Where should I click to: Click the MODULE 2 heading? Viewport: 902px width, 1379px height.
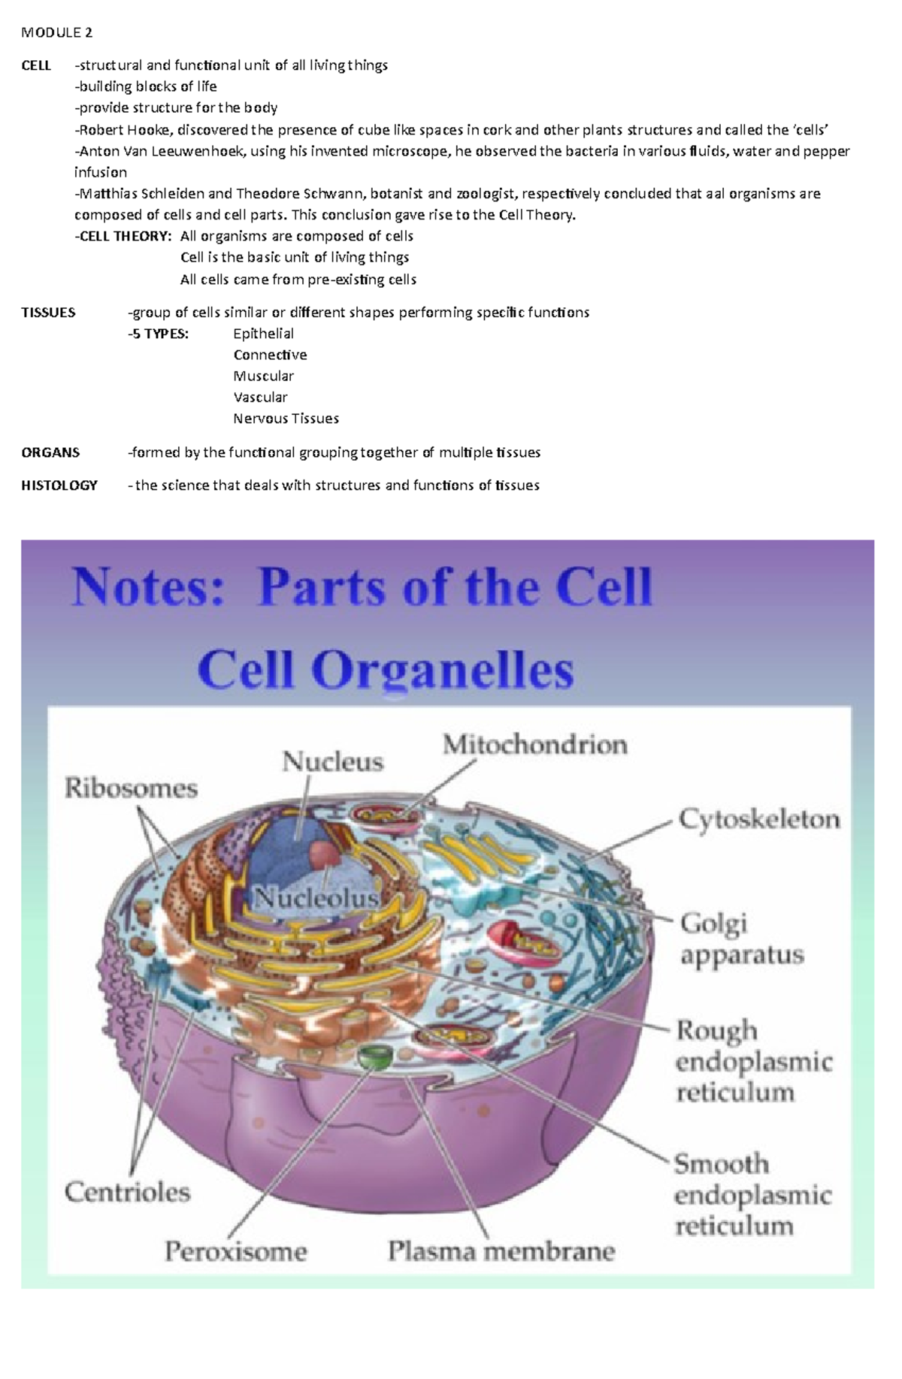(x=56, y=32)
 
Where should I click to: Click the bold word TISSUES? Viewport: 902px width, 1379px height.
(x=48, y=313)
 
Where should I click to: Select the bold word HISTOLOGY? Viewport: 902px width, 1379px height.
(x=59, y=485)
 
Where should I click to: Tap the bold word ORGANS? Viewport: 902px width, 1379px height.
(x=50, y=452)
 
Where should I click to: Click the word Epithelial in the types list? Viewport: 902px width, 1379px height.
(x=263, y=334)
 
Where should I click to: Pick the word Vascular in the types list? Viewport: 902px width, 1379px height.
(x=260, y=397)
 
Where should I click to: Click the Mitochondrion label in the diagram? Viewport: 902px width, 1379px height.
(x=534, y=745)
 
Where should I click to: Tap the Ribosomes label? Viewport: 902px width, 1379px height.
(x=131, y=788)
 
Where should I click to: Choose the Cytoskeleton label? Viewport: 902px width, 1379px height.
(x=759, y=819)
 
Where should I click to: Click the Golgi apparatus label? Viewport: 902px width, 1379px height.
(x=741, y=939)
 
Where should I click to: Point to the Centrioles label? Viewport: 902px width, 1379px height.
(x=127, y=1192)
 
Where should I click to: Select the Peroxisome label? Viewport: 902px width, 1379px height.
(x=236, y=1251)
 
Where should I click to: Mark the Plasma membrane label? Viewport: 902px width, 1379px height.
(x=501, y=1251)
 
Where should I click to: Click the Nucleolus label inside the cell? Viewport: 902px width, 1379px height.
(x=316, y=898)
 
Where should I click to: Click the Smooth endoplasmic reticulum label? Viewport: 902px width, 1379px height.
(x=752, y=1195)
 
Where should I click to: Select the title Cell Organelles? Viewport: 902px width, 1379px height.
(x=386, y=670)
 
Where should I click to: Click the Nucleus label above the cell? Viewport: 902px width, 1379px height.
(x=333, y=762)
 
